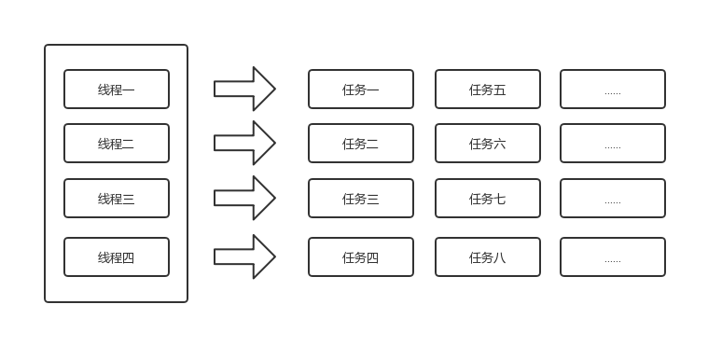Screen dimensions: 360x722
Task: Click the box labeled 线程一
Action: click(117, 90)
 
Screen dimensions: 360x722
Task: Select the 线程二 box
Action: click(117, 144)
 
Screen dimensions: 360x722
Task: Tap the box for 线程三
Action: click(117, 199)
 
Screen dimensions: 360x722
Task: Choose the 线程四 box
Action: click(117, 257)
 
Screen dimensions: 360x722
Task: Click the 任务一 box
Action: click(361, 90)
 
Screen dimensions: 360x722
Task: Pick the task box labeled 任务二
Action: click(361, 144)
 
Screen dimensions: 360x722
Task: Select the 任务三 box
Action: click(361, 199)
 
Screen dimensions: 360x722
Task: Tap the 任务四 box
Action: click(361, 257)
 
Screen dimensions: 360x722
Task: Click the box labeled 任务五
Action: click(488, 90)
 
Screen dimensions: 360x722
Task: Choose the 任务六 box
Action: click(488, 144)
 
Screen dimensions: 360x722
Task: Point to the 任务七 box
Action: click(488, 199)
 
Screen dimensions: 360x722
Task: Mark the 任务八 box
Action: click(488, 257)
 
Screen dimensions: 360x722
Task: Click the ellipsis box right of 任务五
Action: click(613, 90)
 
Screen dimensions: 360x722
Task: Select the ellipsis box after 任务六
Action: click(613, 144)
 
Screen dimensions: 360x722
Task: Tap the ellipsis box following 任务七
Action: click(613, 199)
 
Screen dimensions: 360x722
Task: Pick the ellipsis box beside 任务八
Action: click(613, 257)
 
